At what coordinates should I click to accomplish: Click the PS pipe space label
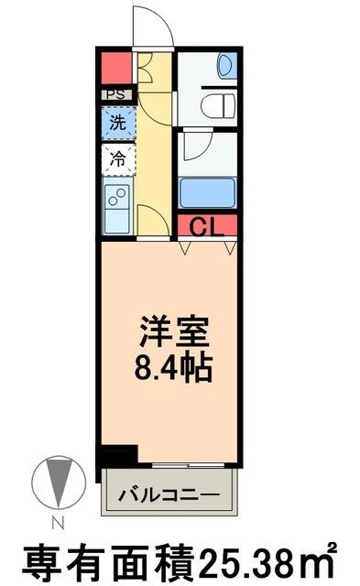click(x=116, y=94)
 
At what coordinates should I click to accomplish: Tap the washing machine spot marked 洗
click(x=117, y=121)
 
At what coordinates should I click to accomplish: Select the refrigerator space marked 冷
click(x=117, y=158)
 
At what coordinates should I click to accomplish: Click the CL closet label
click(x=208, y=226)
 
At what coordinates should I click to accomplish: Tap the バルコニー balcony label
click(x=170, y=494)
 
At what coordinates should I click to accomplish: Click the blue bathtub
click(x=208, y=193)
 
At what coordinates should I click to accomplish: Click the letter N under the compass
click(x=57, y=523)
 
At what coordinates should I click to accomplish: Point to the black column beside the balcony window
click(x=117, y=455)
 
